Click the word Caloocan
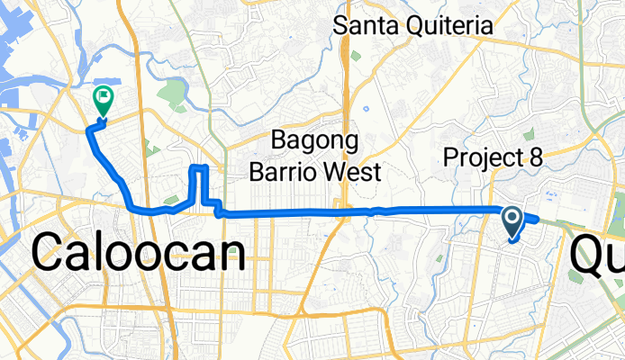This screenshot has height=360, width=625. pos(140,253)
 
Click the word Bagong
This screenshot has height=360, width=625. pos(315,142)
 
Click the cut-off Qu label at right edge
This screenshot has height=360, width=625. pos(596,256)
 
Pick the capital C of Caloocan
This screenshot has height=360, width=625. pos(50,253)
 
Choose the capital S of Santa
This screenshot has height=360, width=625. pos(340,25)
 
